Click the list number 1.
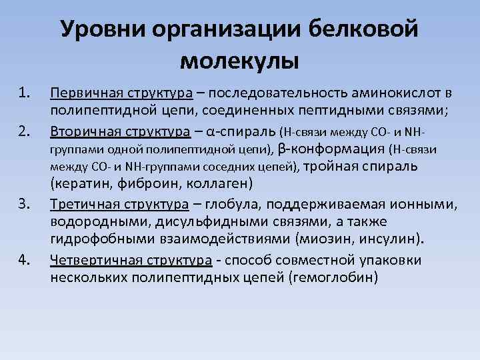(25, 91)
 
